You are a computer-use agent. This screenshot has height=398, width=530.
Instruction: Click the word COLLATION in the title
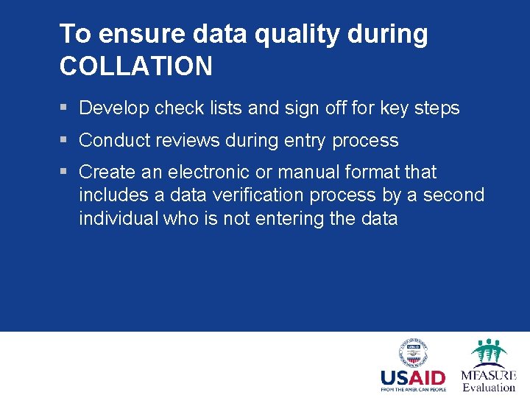pyautogui.click(x=136, y=66)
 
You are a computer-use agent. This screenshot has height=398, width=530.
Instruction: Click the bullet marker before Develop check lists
pyautogui.click(x=64, y=108)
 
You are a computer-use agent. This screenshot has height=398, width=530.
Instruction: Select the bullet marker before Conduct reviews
pyautogui.click(x=64, y=140)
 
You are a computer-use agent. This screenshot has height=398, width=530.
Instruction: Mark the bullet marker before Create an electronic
pyautogui.click(x=64, y=172)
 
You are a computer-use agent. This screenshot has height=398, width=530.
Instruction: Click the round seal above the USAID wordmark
pyautogui.click(x=413, y=353)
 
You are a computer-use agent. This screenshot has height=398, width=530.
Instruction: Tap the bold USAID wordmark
pyautogui.click(x=413, y=378)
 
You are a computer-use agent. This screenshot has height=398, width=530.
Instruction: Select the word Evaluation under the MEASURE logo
pyautogui.click(x=489, y=387)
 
